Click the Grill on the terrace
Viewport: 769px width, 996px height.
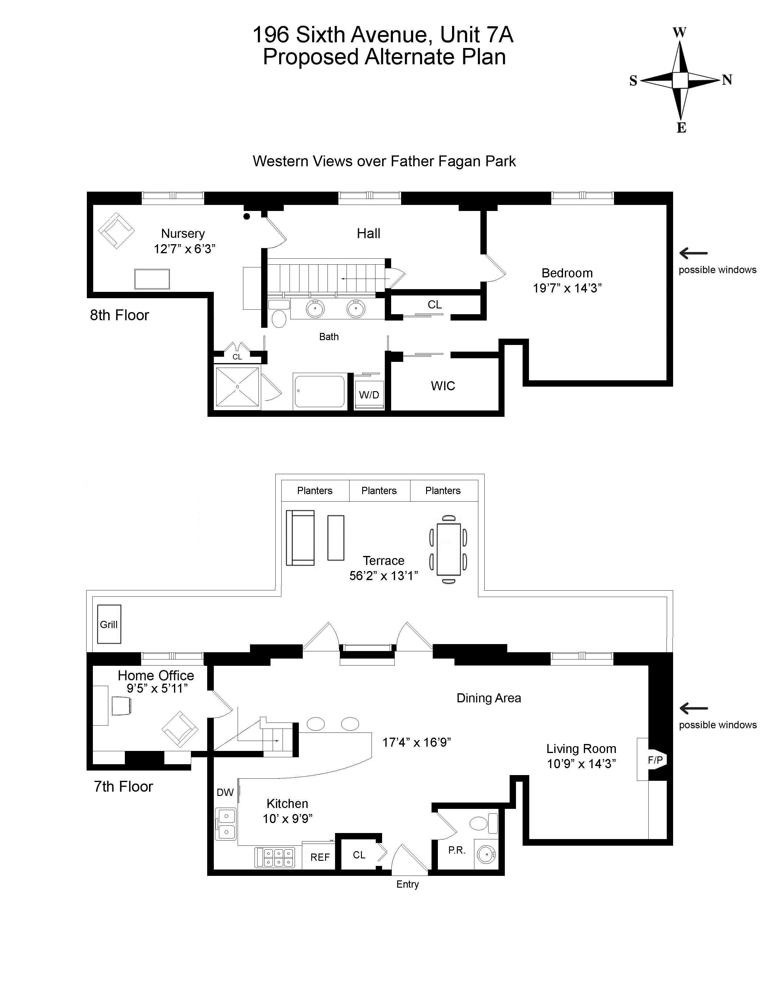109,624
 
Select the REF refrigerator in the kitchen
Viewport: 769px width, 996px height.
320,857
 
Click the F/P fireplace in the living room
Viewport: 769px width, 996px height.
655,760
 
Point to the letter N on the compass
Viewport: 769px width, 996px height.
727,80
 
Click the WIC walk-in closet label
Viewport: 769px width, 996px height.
443,386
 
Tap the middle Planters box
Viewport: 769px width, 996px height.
379,491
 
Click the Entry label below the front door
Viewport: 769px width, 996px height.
407,884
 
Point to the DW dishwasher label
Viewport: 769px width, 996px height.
225,793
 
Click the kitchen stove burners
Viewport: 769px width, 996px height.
275,857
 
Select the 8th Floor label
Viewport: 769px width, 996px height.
119,315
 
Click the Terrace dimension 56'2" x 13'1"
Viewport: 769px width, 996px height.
384,576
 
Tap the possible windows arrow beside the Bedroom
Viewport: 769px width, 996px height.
693,254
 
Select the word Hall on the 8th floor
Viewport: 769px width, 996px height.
368,234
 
